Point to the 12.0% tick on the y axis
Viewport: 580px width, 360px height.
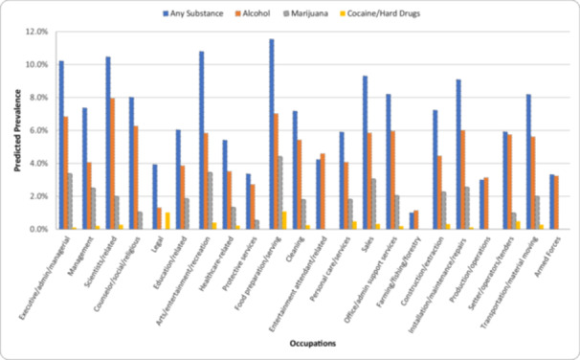[35, 32]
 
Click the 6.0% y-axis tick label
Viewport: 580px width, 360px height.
[37, 130]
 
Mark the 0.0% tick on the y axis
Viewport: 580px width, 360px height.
[37, 229]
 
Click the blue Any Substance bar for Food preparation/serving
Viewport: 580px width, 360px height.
[272, 134]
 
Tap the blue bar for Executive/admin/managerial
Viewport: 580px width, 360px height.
[61, 145]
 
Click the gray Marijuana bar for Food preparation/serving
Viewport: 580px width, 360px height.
[279, 192]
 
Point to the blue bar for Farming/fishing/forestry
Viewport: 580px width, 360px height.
[413, 221]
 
